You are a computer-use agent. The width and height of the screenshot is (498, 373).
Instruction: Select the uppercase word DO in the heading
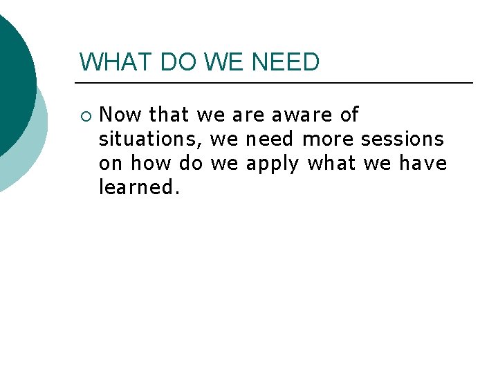(179, 62)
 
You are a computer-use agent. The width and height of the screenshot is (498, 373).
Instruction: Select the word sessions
(403, 140)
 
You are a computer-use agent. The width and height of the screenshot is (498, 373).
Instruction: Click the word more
(328, 140)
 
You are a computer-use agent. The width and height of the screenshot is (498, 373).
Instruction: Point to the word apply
(273, 164)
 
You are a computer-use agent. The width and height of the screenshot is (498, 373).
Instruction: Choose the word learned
(139, 188)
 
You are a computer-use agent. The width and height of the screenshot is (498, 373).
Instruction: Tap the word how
(151, 164)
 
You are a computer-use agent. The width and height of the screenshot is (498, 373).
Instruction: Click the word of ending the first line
(349, 115)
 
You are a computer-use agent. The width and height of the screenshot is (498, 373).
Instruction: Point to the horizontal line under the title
(277, 83)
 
